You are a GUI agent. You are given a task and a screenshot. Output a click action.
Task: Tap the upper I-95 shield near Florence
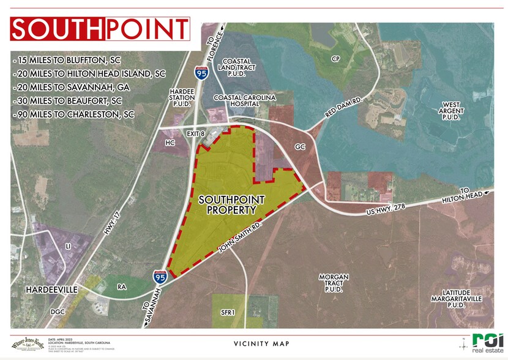click(x=201, y=73)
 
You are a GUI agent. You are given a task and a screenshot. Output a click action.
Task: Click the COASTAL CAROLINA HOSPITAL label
click(x=244, y=101)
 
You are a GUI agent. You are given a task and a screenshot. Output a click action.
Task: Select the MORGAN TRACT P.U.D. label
click(x=334, y=282)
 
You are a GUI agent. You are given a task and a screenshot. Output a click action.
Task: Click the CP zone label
click(x=335, y=59)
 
